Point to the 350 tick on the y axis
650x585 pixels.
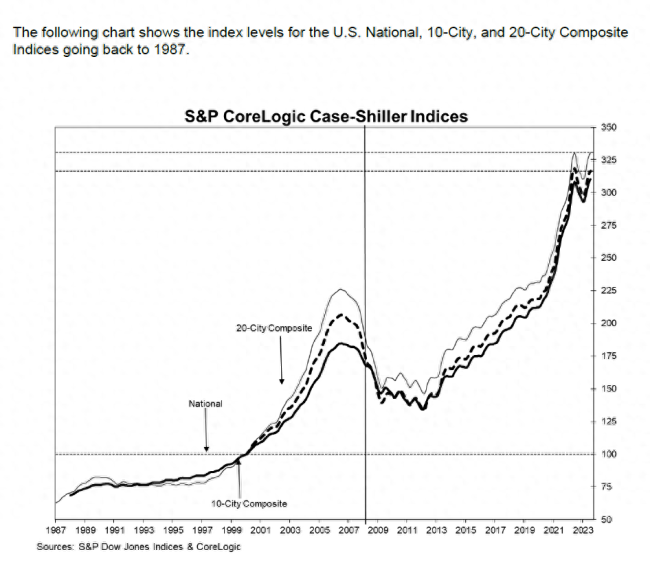(607, 127)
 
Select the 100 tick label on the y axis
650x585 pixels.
(607, 454)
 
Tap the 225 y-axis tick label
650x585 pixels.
(607, 291)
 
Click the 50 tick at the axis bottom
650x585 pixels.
(605, 519)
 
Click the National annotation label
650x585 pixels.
(205, 404)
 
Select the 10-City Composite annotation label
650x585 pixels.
(242, 502)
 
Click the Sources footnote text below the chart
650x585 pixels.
(139, 547)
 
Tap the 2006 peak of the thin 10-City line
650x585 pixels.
(341, 290)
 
